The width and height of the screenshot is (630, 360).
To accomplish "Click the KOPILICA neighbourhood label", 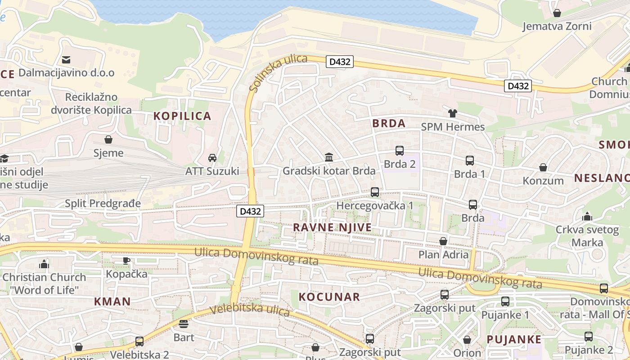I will pos(182,116).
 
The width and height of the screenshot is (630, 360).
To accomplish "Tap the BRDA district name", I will pos(389,123).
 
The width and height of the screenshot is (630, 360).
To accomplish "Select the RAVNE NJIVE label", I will pos(333,228).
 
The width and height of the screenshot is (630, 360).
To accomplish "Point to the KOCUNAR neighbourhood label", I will pos(329,297).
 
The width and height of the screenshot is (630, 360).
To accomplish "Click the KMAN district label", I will pos(112,301).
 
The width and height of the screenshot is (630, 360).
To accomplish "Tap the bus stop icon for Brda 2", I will pos(399,151).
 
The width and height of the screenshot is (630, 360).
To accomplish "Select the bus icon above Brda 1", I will pos(470,161).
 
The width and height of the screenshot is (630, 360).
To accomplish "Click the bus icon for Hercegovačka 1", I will pos(374,192).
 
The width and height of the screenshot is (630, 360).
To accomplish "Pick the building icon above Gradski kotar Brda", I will pos(329,157).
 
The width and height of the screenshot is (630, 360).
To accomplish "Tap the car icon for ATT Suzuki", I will pos(212,158).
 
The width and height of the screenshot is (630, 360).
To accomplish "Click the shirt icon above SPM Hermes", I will pos(453,113).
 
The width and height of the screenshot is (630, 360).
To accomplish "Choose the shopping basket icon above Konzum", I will pos(543,167).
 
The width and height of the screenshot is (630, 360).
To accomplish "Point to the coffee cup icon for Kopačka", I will pos(126,261).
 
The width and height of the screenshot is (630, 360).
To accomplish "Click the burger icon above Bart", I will pos(184,324).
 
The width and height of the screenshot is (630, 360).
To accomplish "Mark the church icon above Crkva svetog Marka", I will pos(587,216).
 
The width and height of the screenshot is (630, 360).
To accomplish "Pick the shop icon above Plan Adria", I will pos(443,241).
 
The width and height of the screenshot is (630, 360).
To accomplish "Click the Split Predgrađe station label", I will pos(103,203).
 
